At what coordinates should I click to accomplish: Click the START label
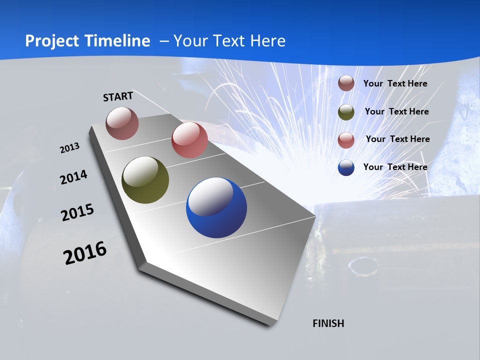(118, 96)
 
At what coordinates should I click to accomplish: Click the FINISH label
(328, 323)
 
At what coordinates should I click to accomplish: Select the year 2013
(69, 148)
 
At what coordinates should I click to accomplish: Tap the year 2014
(73, 177)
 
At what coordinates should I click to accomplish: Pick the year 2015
(77, 212)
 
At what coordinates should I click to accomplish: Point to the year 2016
(85, 253)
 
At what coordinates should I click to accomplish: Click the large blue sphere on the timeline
(216, 208)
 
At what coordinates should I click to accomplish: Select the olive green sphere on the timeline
(145, 180)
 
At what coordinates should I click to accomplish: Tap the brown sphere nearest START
(122, 123)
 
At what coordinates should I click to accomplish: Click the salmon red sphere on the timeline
(189, 140)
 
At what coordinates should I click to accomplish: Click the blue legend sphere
(346, 167)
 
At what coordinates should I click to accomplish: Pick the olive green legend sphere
(346, 112)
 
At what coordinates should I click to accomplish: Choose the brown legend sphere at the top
(346, 83)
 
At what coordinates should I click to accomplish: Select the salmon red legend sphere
(346, 140)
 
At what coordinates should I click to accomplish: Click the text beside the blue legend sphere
(395, 167)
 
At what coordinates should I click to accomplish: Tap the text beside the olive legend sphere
(396, 111)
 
